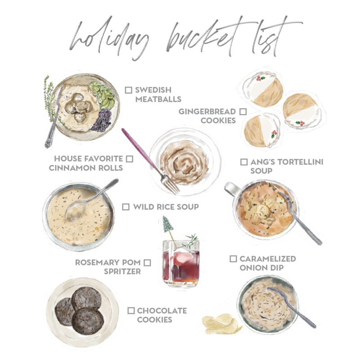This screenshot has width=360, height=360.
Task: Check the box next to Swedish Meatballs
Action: tap(128, 90)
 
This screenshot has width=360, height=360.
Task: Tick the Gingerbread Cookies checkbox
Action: tap(243, 112)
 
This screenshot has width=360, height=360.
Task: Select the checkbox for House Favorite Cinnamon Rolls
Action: tap(130, 159)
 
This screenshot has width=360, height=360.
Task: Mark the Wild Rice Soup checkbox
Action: tap(126, 207)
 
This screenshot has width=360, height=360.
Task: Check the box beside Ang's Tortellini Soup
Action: tap(244, 162)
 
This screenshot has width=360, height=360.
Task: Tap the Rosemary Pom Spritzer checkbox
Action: tap(147, 262)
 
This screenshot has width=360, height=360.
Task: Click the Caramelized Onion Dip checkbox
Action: tap(233, 259)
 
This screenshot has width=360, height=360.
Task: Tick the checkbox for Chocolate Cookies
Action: tap(131, 310)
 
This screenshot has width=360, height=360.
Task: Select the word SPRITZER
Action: tap(122, 271)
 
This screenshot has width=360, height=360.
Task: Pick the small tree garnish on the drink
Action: tap(167, 224)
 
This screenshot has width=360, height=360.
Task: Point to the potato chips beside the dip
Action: tap(221, 324)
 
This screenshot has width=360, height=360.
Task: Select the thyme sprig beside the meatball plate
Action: tap(49, 99)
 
